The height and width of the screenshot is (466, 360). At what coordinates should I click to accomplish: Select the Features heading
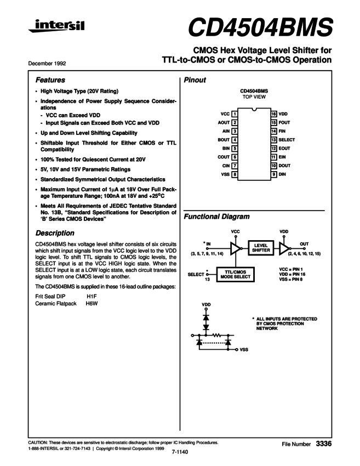coord(50,80)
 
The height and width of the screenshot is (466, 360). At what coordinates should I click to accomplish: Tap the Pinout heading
coord(195,80)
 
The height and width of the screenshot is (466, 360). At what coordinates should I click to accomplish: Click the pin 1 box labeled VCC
coord(235,114)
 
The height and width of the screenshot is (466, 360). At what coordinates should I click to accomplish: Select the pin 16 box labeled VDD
coord(274,114)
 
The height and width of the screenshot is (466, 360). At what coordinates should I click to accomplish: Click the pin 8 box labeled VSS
coord(235,174)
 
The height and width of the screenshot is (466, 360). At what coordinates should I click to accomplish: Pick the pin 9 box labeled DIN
coord(274,174)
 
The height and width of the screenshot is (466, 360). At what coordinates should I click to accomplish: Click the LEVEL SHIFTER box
coord(261,248)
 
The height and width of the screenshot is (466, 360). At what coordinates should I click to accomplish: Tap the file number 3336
coord(324,442)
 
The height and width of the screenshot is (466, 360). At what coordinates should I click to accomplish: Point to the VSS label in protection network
coord(245,349)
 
